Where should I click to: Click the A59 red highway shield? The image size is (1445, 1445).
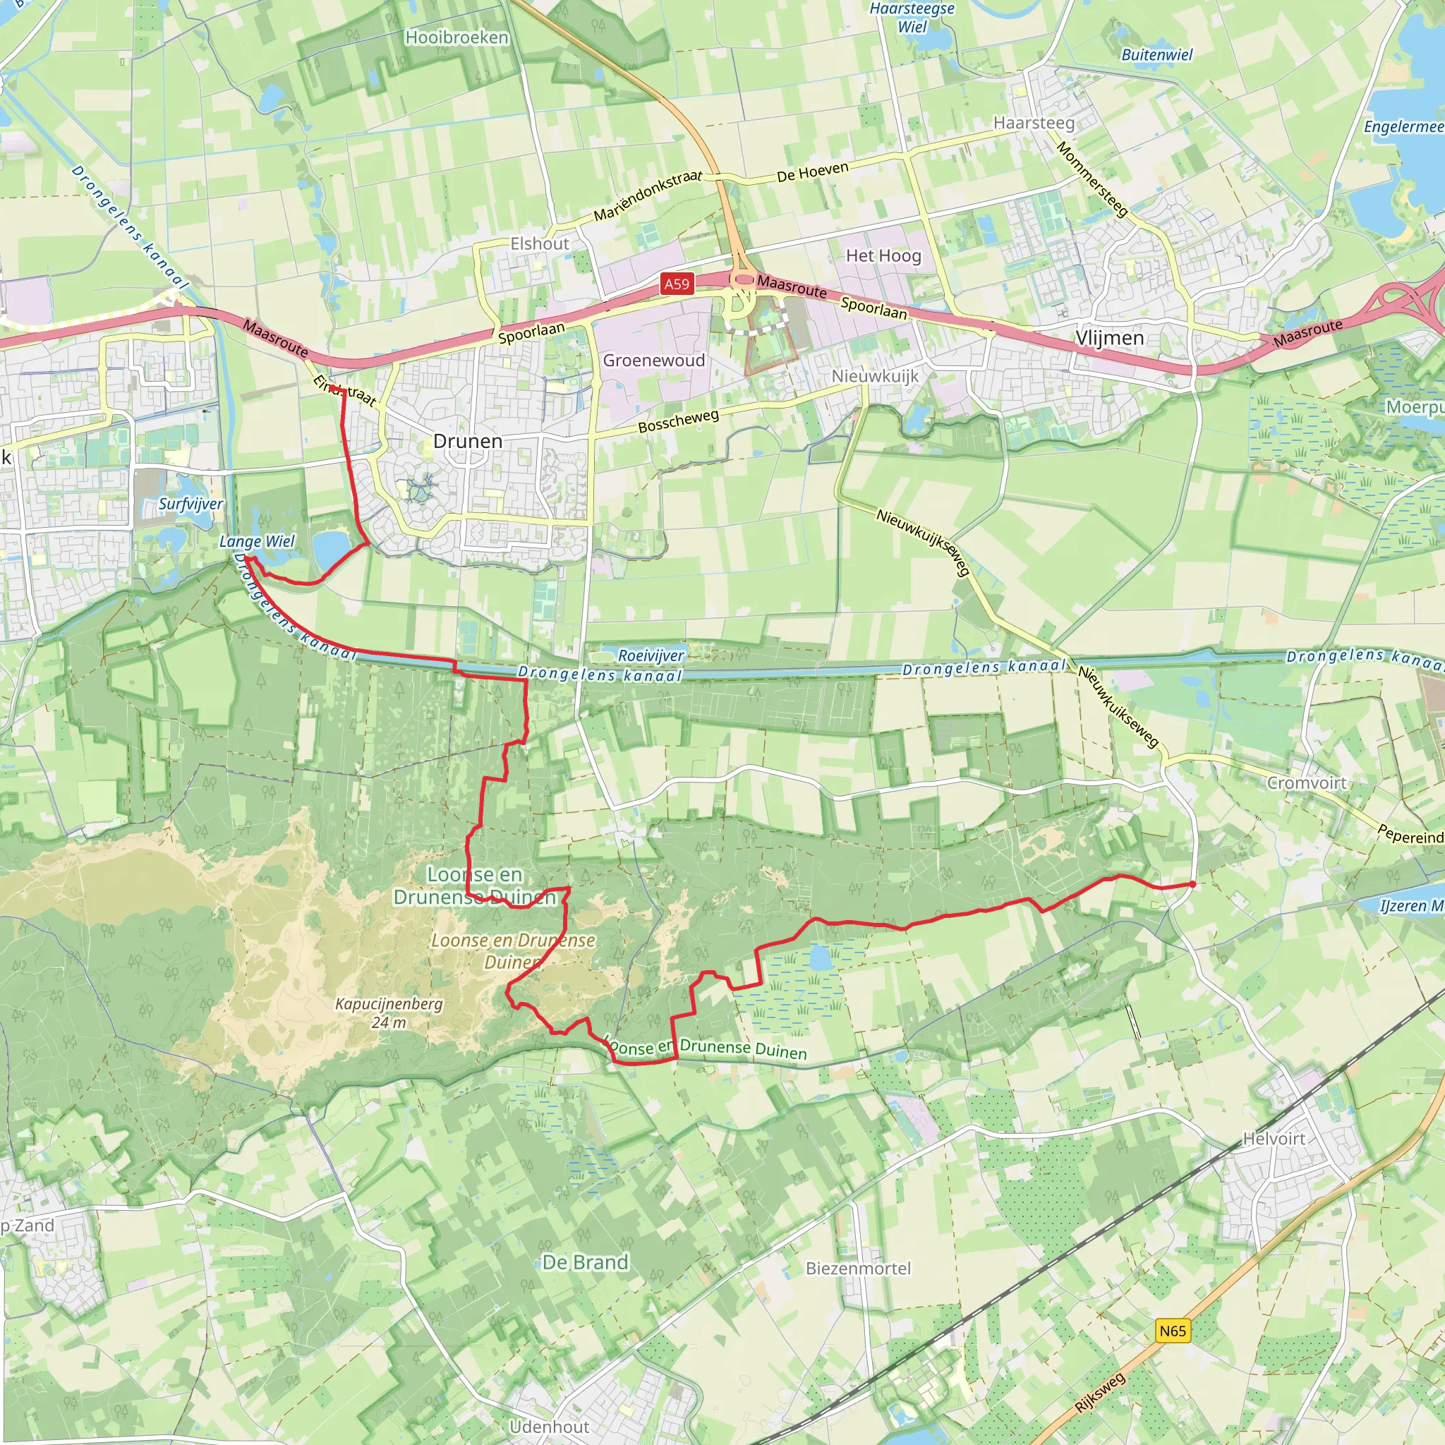tap(676, 284)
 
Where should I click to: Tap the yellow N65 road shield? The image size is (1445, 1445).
tap(1173, 1331)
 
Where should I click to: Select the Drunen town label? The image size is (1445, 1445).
tap(468, 441)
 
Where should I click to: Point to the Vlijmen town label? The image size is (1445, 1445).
tap(1109, 338)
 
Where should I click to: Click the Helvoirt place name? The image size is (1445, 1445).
tap(1274, 1138)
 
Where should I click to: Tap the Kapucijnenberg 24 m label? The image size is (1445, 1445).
tap(389, 1012)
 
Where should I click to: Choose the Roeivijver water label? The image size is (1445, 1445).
tap(651, 656)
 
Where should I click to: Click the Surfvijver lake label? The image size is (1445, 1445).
tap(191, 503)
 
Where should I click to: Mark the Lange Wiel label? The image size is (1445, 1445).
tap(258, 540)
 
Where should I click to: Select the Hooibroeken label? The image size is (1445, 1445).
tap(457, 37)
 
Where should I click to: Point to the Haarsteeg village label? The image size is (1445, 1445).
tap(1034, 123)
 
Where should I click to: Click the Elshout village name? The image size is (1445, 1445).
tap(539, 244)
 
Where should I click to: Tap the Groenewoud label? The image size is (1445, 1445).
tap(653, 361)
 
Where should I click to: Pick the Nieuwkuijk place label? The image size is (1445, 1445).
tap(875, 376)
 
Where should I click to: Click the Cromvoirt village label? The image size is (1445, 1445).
tap(1307, 782)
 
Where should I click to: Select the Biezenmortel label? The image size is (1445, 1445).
tap(859, 1268)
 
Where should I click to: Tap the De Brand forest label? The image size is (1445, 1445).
tap(585, 1262)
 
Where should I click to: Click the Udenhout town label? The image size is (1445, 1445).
tap(549, 1426)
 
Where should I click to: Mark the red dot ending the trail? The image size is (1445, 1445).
tap(1192, 884)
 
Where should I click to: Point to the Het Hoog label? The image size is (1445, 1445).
tap(883, 256)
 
